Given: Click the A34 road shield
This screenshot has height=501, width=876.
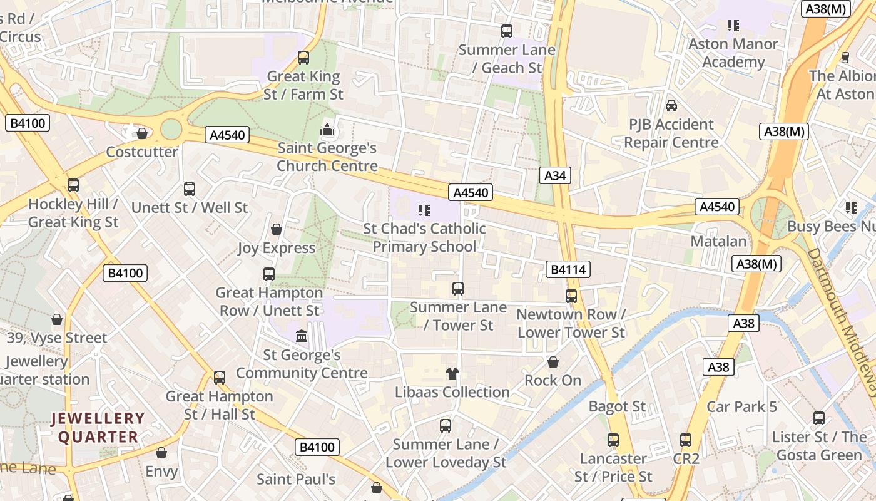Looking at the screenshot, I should tap(555, 176).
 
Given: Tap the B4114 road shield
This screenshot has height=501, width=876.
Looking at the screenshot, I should tap(568, 270).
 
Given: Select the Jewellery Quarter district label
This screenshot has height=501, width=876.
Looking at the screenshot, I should tap(98, 428).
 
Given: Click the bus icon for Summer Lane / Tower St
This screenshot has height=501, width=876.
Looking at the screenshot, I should tap(458, 289).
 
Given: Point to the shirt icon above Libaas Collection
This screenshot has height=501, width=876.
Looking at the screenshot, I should tap(452, 374).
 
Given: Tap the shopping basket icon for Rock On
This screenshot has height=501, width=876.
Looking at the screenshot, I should tap(553, 362).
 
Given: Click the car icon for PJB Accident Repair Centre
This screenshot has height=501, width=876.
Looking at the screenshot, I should tap(671, 106).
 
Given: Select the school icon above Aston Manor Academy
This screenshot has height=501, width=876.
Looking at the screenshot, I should tap(733, 26).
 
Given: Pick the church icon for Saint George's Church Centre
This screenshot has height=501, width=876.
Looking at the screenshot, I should tap(327, 130).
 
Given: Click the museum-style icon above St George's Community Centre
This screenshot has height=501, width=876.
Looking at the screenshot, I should tap(302, 336).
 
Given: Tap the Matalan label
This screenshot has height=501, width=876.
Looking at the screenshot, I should tap(718, 241).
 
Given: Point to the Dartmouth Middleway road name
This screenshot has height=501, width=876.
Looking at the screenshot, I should tap(842, 313).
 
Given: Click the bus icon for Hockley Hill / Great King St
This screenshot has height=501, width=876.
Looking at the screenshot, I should tap(73, 185).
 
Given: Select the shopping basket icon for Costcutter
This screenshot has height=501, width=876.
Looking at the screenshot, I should tap(142, 133).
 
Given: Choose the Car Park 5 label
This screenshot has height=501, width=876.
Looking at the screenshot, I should tap(741, 406).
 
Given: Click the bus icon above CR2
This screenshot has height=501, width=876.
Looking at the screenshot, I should tap(686, 440).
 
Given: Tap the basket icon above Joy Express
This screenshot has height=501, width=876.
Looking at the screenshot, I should tap(276, 229).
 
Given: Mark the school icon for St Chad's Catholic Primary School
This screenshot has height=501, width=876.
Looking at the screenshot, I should tap(425, 210).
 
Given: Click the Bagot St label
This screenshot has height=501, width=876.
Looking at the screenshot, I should tap(617, 406).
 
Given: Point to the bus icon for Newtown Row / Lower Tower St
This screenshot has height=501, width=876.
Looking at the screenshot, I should tap(571, 296).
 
